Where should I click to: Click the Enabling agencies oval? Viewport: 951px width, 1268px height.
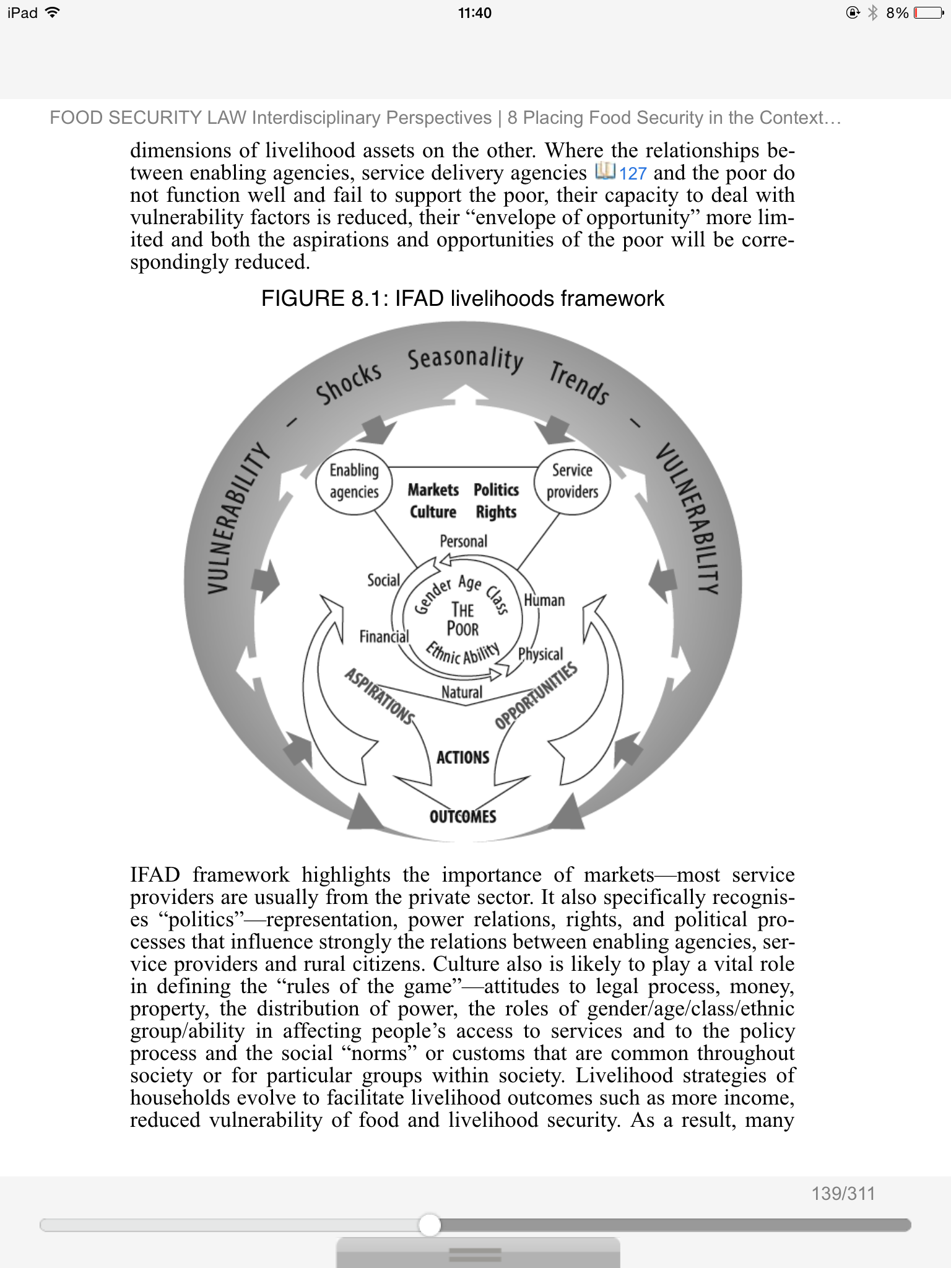pyautogui.click(x=354, y=481)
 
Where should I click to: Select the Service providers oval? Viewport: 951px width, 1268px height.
pyautogui.click(x=572, y=480)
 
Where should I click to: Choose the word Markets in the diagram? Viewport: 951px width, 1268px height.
pyautogui.click(x=433, y=490)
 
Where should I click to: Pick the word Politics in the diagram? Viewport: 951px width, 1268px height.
pyautogui.click(x=496, y=490)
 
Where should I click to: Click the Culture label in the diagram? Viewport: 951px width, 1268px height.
pyautogui.click(x=433, y=512)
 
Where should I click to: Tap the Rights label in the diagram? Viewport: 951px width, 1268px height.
pyautogui.click(x=496, y=512)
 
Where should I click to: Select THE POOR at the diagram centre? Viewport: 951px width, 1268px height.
pyautogui.click(x=462, y=619)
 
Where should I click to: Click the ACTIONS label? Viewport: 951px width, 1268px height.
pyautogui.click(x=462, y=757)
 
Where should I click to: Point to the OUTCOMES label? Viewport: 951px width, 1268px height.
pyautogui.click(x=462, y=817)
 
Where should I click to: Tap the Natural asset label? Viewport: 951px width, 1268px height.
pyautogui.click(x=462, y=692)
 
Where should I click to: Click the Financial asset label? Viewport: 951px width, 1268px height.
pyautogui.click(x=384, y=636)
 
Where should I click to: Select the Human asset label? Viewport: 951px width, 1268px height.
pyautogui.click(x=544, y=600)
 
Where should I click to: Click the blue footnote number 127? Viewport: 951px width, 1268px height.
pyautogui.click(x=632, y=173)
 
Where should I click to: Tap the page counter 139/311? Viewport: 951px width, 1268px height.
pyautogui.click(x=843, y=1193)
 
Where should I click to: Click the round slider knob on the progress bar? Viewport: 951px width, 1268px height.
pyautogui.click(x=429, y=1225)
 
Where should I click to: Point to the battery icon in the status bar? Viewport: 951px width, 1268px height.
pyautogui.click(x=928, y=13)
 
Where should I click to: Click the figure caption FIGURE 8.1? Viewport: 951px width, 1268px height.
pyautogui.click(x=462, y=298)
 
